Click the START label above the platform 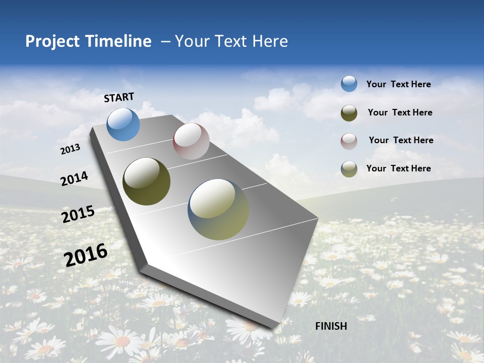119,97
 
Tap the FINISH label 331,326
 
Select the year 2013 71,149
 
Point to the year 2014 75,178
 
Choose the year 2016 86,255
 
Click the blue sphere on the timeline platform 124,124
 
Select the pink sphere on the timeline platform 191,141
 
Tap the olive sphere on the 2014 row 147,181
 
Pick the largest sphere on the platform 218,209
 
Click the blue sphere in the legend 349,84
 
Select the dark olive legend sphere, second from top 349,112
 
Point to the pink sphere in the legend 349,141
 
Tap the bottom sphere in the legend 349,169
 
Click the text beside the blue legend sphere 398,84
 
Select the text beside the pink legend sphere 401,140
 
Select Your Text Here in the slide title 231,41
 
